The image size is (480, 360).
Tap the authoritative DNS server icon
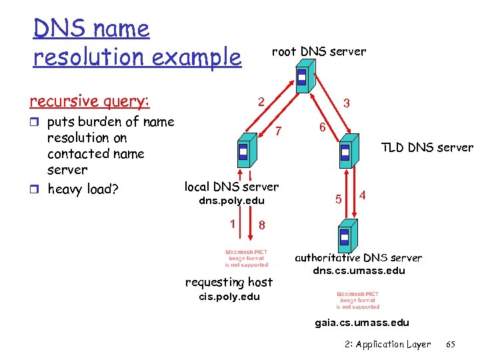coord(345,236)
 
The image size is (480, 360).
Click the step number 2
coord(262,102)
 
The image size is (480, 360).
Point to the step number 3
coord(347,104)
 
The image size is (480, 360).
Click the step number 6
coord(321,127)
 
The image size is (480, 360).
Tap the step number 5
coord(339,199)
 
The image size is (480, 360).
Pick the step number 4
coord(362,195)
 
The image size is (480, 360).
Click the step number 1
coord(233,224)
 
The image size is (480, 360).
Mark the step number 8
coord(262,225)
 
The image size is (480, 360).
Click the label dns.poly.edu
coord(232,201)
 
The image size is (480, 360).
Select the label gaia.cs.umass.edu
coord(362,323)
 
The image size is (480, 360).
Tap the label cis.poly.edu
coord(229,297)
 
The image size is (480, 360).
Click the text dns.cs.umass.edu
coord(359,271)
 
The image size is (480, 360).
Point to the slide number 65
coord(451,344)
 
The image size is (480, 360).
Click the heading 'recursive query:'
coord(89,101)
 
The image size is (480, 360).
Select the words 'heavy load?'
coord(83,189)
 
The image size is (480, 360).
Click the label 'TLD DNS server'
coord(427,147)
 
